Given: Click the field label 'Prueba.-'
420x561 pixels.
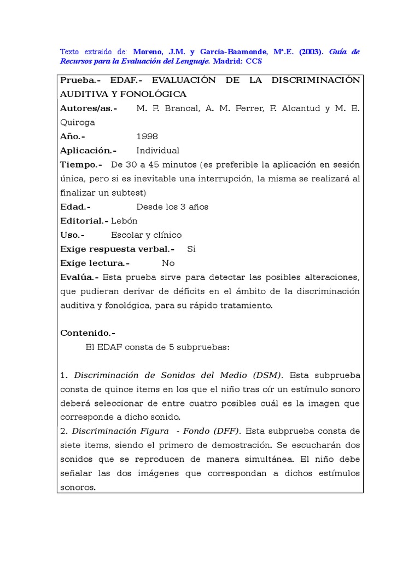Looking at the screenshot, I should [80, 80].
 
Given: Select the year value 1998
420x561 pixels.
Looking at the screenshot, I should [147, 136].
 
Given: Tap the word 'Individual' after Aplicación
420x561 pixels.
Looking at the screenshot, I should [157, 151].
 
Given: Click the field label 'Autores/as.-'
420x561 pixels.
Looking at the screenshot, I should [89, 108].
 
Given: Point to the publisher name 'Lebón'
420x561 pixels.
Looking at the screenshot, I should [124, 221].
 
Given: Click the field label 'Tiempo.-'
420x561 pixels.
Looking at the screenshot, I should [81, 164].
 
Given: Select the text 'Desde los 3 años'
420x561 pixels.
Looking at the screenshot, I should [172, 207].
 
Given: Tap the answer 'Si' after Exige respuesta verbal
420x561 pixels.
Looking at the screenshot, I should [191, 249].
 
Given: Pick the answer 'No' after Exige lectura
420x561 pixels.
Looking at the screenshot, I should [168, 263].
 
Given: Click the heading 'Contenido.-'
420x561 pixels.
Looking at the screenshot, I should [87, 333].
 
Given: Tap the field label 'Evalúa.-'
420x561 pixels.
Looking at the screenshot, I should [79, 277].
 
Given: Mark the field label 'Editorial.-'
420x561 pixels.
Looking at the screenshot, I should [84, 221].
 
